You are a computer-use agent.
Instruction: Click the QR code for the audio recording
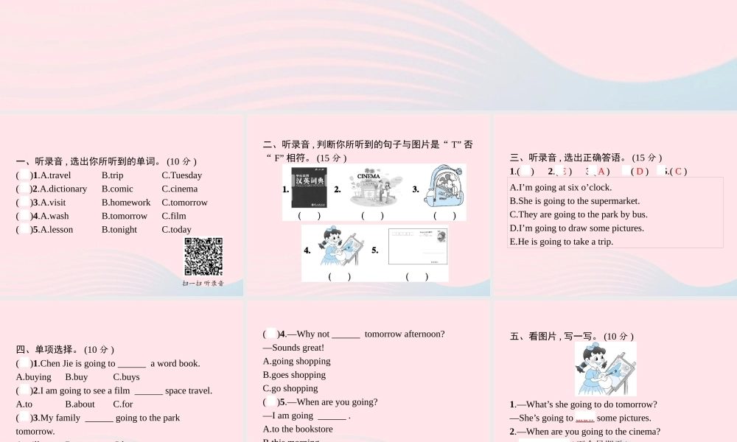click(203, 256)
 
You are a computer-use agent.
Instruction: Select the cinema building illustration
click(371, 188)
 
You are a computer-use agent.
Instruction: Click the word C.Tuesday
click(181, 175)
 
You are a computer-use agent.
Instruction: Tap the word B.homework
click(125, 203)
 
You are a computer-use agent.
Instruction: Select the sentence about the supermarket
click(574, 200)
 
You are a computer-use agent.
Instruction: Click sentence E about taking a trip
click(561, 241)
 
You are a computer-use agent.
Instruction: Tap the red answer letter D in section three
click(640, 172)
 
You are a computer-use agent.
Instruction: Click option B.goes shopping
click(294, 374)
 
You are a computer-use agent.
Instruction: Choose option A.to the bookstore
click(298, 429)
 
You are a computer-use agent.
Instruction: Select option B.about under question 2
click(80, 404)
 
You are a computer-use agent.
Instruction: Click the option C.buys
click(126, 376)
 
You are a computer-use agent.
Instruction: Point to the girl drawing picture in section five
click(605, 369)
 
